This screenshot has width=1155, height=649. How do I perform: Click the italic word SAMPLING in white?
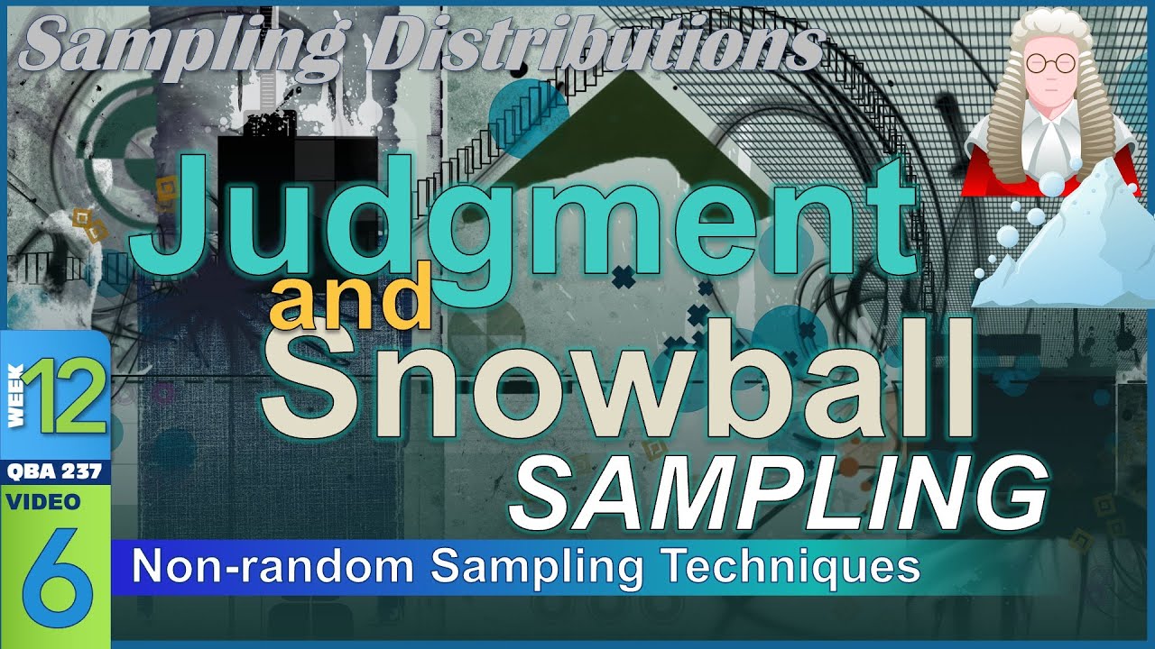pos(776,491)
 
